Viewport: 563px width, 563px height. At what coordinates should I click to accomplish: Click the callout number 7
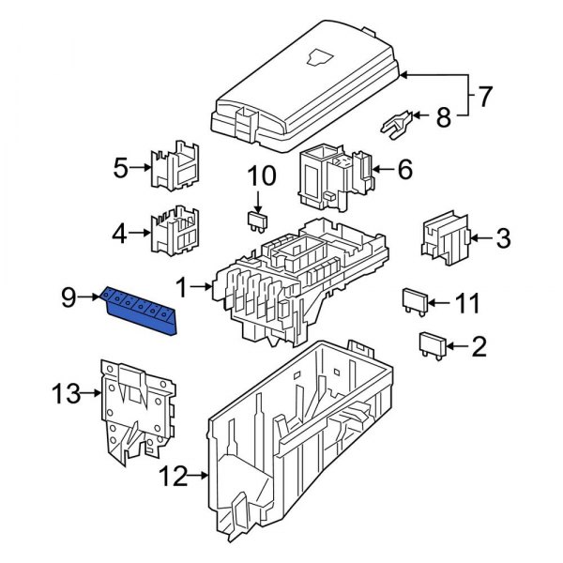[x=485, y=96]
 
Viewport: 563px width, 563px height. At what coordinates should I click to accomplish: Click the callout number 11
[x=467, y=304]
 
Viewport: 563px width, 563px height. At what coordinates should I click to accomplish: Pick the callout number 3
[x=503, y=238]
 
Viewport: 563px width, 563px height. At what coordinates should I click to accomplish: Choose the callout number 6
[x=404, y=170]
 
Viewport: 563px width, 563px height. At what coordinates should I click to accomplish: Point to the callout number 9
[x=68, y=298]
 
